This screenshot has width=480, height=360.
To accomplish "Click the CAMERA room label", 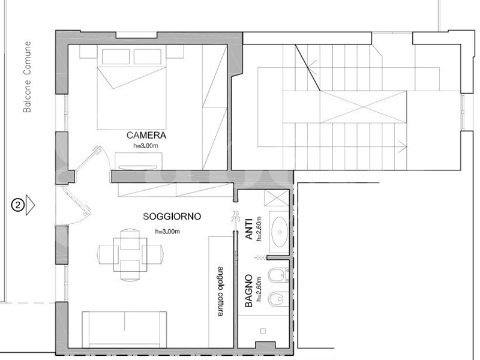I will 146,136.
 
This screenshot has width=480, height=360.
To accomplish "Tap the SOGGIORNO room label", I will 172,216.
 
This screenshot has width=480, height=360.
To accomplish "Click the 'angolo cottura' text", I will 221,286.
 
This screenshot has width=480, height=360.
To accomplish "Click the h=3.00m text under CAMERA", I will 146,145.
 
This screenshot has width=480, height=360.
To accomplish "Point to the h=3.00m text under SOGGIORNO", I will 169,231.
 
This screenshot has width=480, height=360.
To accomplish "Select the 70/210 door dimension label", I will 234,217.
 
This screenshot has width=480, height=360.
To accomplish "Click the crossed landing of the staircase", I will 364,109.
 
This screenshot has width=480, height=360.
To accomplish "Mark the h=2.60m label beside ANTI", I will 259,229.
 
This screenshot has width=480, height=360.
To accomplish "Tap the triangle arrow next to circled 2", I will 31,205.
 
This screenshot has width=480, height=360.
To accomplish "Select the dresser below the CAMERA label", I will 139,160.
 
